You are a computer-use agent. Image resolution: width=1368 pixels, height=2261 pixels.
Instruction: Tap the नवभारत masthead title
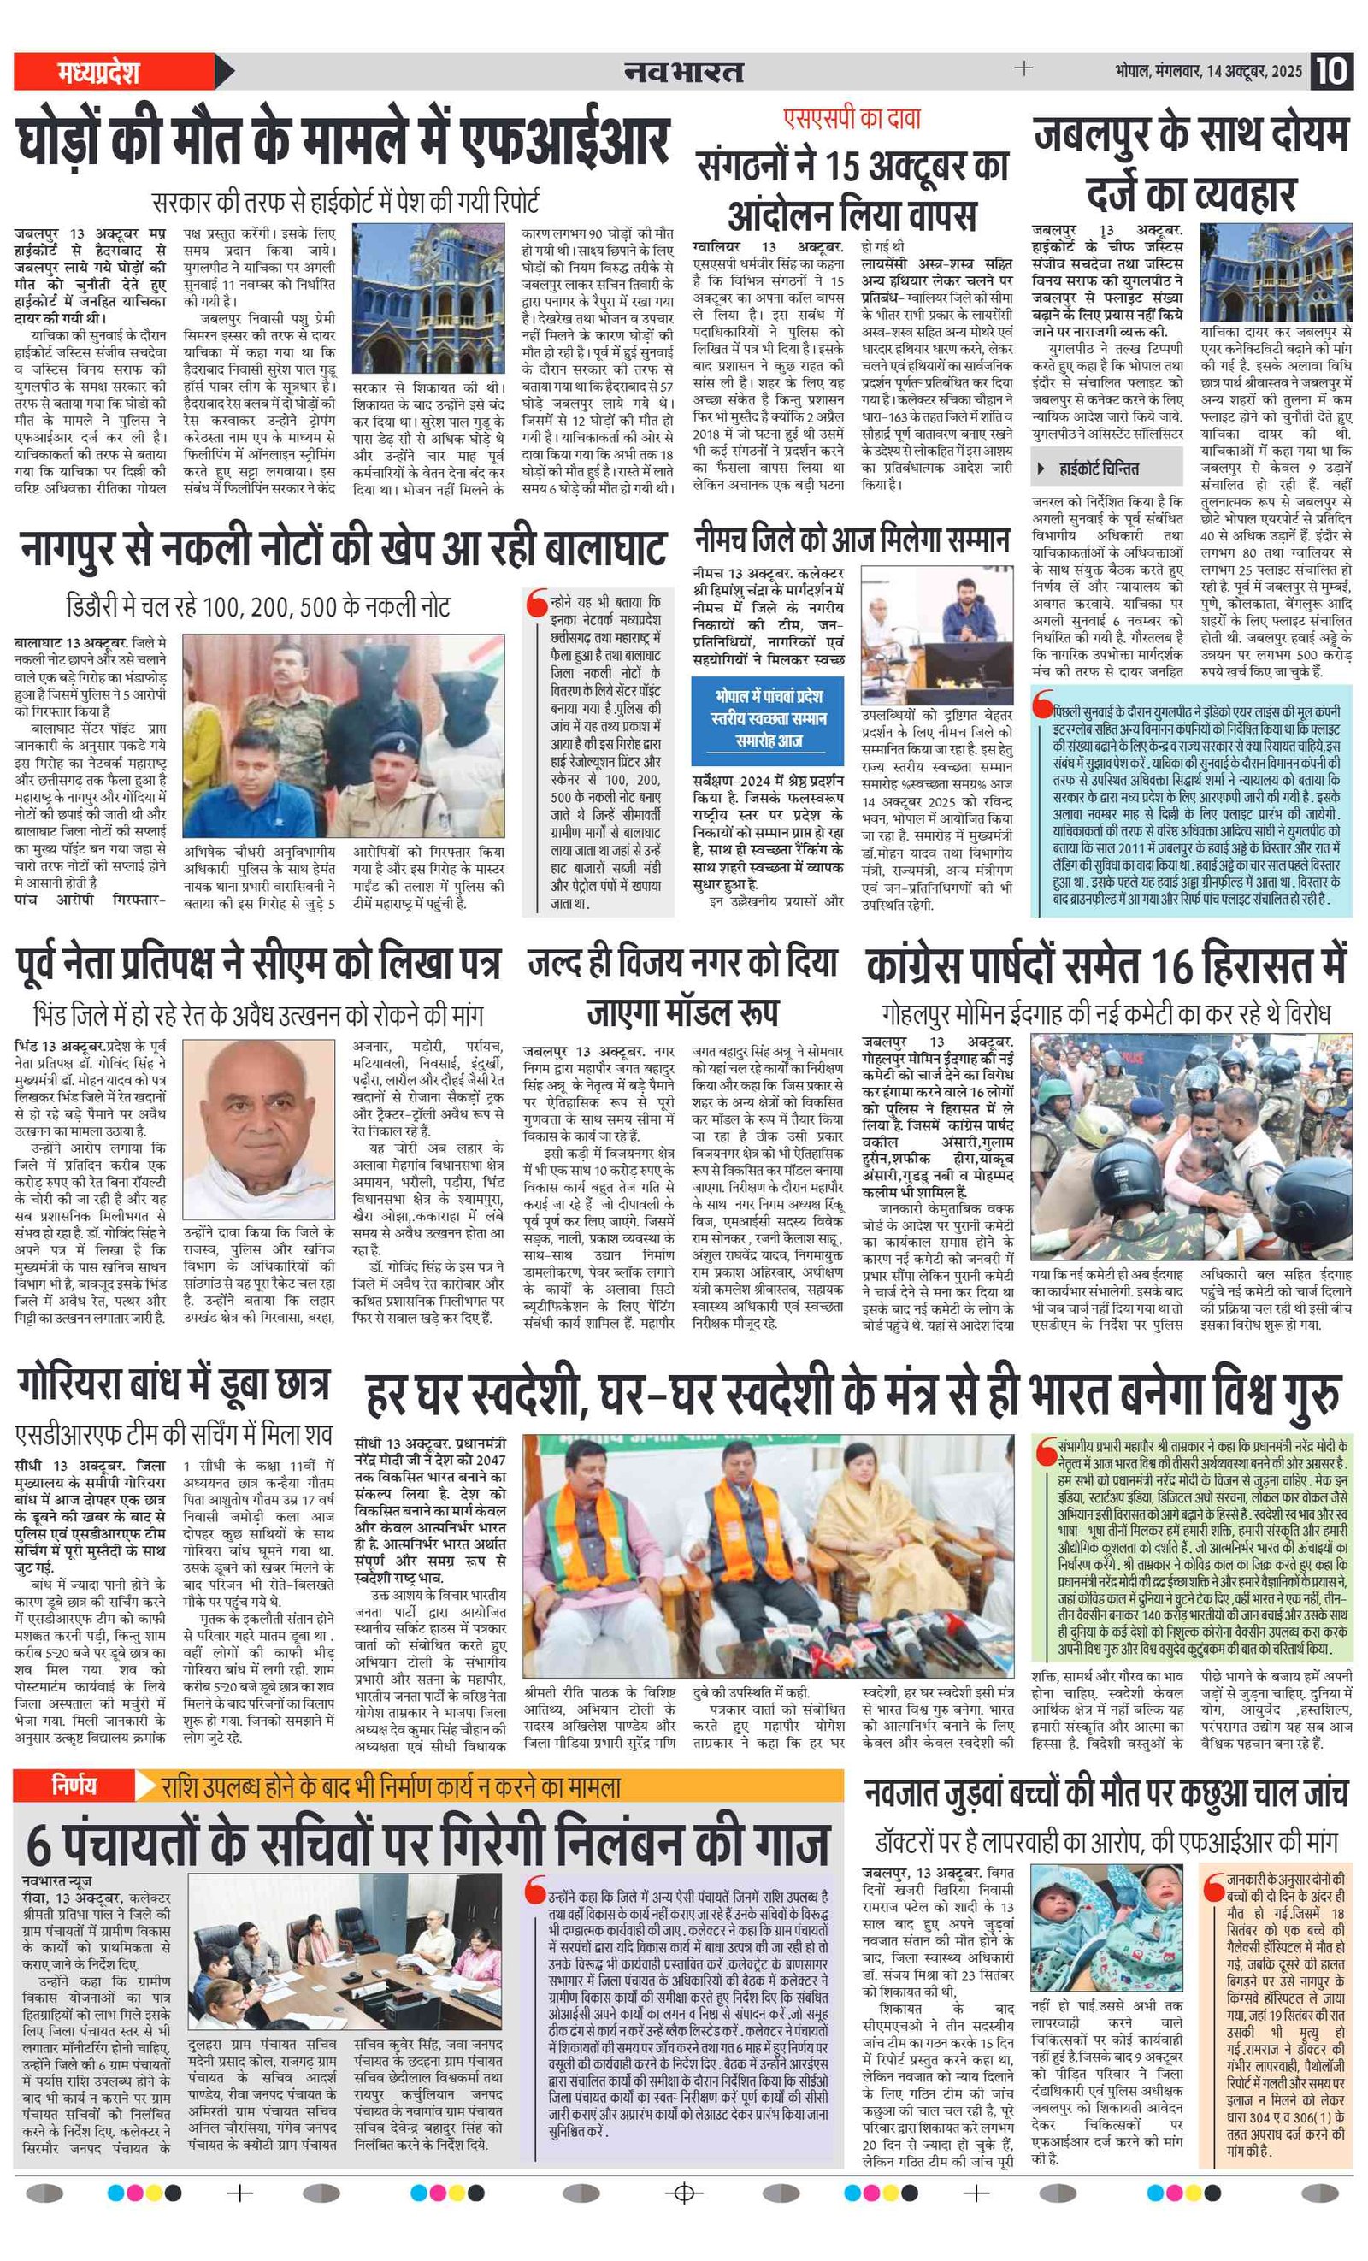(x=683, y=72)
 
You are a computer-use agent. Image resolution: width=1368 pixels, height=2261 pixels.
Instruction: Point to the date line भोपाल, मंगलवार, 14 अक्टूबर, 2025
(x=1208, y=72)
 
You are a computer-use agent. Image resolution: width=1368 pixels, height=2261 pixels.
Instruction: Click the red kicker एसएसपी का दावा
(x=851, y=118)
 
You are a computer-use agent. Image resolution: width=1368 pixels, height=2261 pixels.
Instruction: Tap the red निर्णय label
(x=74, y=1785)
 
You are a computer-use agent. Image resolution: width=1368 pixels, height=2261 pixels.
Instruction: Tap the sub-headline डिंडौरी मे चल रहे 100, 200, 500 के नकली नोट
(x=259, y=605)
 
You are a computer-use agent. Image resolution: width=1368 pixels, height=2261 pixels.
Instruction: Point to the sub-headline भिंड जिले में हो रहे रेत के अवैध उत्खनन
(x=259, y=1014)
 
